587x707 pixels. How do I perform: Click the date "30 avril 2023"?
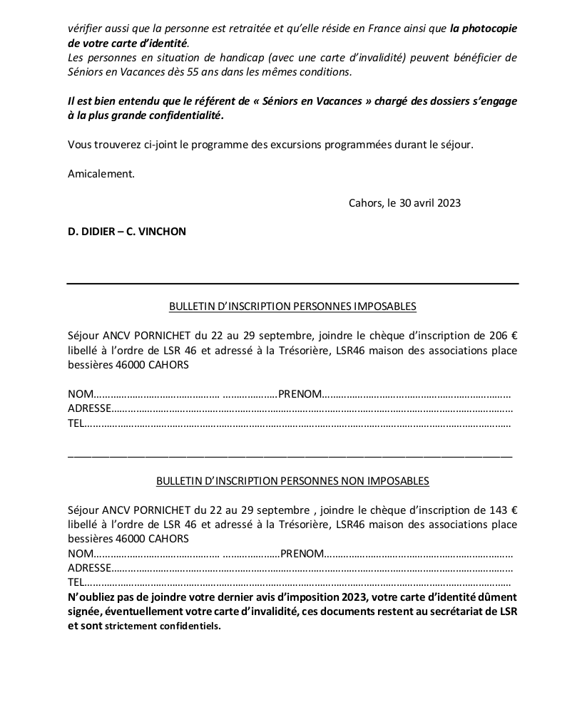coord(430,203)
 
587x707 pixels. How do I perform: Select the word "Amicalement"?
coord(101,174)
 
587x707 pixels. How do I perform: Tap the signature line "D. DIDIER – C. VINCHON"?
coord(127,232)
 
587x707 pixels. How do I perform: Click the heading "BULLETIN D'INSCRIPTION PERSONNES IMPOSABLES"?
coord(292,306)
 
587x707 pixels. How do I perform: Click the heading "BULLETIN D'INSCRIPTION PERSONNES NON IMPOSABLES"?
coord(292,481)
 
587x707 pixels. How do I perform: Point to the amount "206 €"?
coord(504,336)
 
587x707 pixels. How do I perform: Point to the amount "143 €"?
coord(504,510)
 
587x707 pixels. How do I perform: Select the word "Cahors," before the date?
coord(366,203)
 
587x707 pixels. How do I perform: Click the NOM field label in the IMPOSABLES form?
coord(81,394)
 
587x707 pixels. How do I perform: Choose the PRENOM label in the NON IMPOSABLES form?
coord(303,554)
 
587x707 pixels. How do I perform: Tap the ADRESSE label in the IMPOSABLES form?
coord(89,408)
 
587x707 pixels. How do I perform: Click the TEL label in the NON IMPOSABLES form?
coord(76,582)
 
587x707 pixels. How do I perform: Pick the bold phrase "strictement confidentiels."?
coord(163,626)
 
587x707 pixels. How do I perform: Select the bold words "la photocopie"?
coord(484,29)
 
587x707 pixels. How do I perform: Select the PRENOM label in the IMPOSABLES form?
coord(300,394)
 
